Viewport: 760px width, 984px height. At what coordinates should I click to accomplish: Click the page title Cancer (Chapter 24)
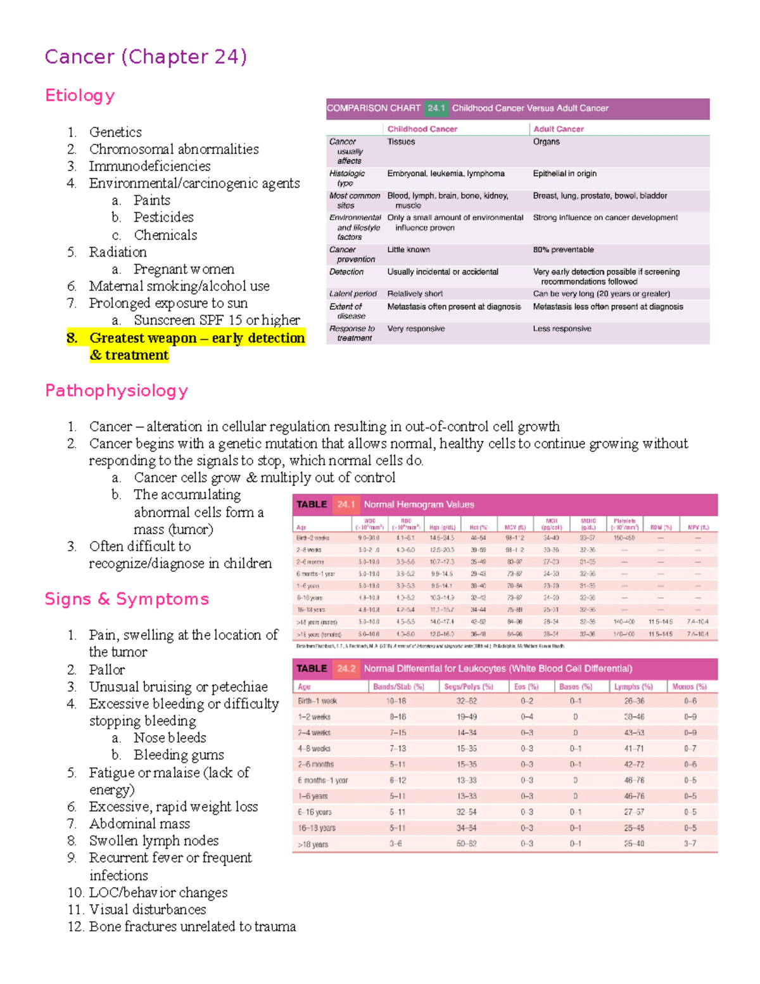click(x=146, y=57)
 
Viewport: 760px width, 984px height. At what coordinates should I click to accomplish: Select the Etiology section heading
click(x=80, y=96)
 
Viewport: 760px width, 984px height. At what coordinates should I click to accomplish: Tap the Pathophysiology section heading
click(x=117, y=391)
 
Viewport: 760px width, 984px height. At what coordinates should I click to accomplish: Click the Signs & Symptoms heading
click(x=127, y=599)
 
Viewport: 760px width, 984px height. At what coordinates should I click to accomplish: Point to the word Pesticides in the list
click(x=163, y=217)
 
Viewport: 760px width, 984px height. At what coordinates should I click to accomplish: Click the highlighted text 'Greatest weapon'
click(x=143, y=338)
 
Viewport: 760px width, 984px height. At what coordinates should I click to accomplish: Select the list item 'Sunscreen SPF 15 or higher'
click(x=217, y=321)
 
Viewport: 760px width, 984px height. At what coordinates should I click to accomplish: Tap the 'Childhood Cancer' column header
click(x=422, y=129)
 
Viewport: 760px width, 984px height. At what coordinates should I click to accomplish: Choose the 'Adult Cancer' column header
click(x=558, y=129)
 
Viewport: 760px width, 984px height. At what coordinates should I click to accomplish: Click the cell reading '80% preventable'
click(x=563, y=250)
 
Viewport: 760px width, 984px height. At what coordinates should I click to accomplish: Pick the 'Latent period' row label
click(x=353, y=294)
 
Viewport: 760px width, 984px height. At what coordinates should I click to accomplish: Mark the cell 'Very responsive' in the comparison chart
click(x=416, y=329)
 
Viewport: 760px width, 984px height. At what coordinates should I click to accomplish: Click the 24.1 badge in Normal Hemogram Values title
click(x=346, y=505)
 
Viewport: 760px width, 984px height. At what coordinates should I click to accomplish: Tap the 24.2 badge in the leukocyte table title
click(x=346, y=668)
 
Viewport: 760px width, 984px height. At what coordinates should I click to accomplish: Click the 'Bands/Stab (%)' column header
click(x=398, y=687)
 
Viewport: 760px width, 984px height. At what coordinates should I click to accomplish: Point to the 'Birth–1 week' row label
click(x=317, y=701)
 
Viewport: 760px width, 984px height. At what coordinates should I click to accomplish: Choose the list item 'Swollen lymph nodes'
click(x=154, y=841)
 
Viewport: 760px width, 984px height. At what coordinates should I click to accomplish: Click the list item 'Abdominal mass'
click(x=139, y=824)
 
